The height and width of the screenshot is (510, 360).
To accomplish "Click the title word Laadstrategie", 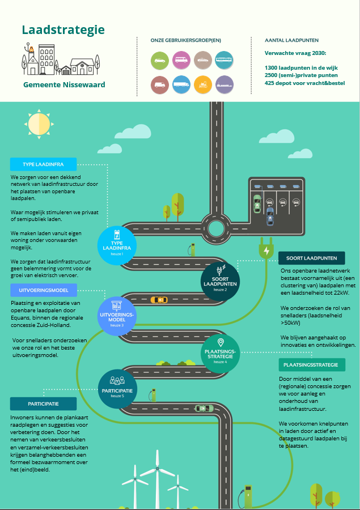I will pos(63,30).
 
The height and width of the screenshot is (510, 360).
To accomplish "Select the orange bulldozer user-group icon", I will pos(203,85).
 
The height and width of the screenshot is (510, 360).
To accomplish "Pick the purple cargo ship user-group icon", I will pos(225,85).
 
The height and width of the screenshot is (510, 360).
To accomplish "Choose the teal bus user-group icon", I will pos(224,59).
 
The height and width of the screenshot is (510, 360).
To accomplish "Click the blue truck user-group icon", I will pos(181,85).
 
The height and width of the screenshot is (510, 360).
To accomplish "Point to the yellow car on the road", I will pos(159,299).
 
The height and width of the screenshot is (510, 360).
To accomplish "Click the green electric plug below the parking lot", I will pos(266,250).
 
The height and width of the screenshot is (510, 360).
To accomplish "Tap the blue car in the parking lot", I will pos(270,216).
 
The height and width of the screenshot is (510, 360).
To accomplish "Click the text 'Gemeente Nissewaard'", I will pos(64,85).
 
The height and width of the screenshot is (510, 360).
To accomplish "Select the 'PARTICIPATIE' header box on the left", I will pos(44,403).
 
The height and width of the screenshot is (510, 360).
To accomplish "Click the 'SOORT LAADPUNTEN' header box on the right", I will pos(312,258).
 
